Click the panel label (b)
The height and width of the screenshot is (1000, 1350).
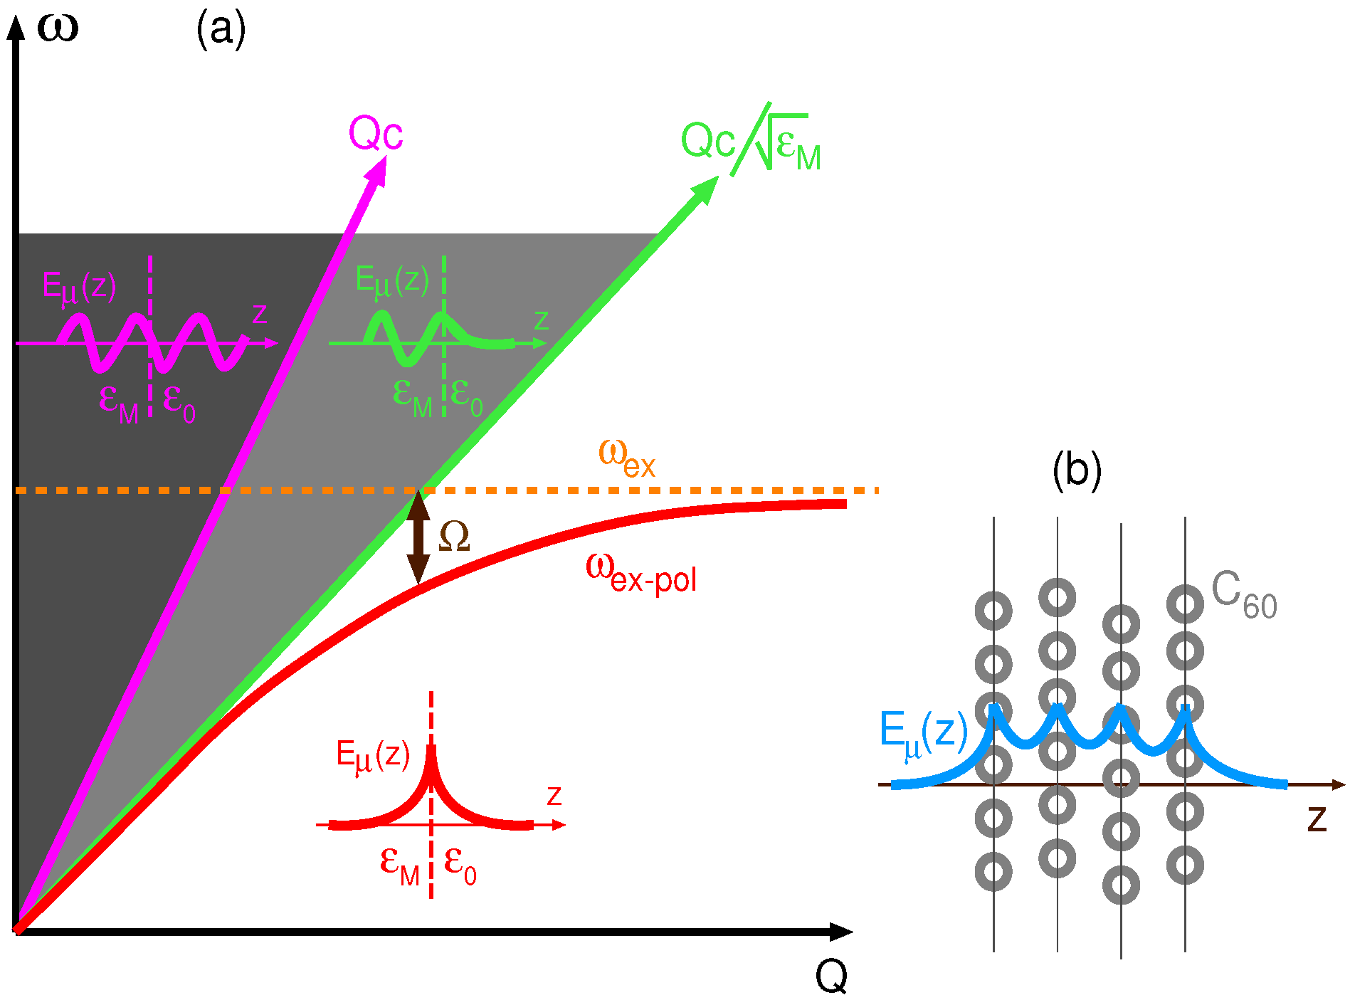coord(1076,470)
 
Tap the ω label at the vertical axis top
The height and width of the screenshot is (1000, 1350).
coord(57,28)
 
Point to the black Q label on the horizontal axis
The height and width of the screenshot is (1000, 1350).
coord(831,976)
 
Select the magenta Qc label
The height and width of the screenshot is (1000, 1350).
coord(375,133)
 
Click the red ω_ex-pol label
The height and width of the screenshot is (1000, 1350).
coord(640,572)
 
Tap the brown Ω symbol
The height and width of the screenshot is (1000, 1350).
coord(454,537)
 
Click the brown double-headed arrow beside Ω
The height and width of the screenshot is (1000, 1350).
coord(418,537)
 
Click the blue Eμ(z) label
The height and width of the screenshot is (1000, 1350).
coord(923,732)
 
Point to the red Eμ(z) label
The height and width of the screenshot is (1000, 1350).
coord(372,756)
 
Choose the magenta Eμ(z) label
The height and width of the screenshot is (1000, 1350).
coord(78,288)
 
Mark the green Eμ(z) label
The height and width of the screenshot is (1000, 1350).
coord(391,281)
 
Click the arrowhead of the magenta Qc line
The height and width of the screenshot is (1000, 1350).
coord(377,171)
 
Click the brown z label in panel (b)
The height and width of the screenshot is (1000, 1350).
coord(1317,819)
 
